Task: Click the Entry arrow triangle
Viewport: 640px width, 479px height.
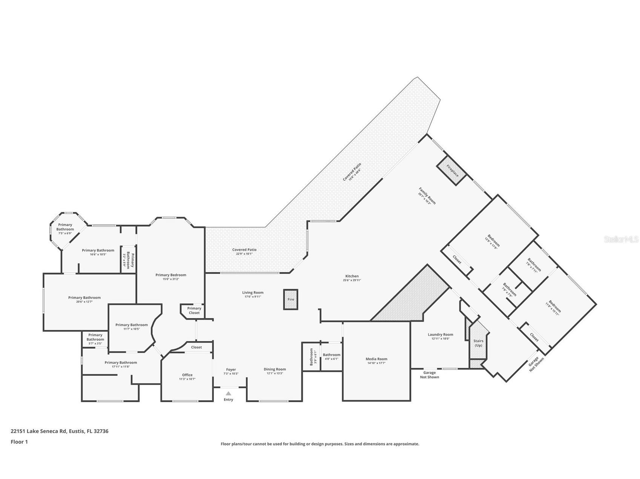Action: [228, 393]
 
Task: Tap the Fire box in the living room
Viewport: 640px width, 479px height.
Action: [291, 299]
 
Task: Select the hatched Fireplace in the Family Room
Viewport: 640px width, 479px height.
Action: [452, 170]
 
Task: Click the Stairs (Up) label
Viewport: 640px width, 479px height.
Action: [478, 343]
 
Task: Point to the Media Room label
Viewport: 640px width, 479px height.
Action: [376, 359]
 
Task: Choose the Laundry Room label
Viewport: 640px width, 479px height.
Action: [440, 334]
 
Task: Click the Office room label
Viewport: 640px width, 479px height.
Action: [187, 375]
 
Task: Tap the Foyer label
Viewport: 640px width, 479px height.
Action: [231, 369]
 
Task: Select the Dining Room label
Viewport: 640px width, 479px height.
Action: [275, 369]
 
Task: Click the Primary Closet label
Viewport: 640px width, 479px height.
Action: [194, 310]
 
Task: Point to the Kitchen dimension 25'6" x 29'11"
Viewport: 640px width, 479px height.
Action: [352, 280]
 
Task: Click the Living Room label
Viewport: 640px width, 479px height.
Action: [253, 292]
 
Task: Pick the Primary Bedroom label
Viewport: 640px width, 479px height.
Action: [171, 275]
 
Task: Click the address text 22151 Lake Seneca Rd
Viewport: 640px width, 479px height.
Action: [39, 431]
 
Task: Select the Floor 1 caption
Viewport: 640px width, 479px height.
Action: [19, 442]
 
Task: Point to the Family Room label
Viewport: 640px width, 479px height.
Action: [427, 196]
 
